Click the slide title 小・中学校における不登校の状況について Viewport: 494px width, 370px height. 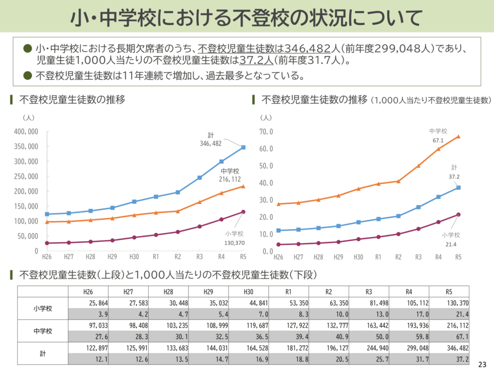point(247,18)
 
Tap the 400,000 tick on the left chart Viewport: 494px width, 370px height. point(27,132)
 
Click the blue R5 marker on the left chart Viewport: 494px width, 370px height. point(243,147)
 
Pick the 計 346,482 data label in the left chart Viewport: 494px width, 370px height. point(211,140)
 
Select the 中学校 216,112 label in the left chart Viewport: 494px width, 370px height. point(230,175)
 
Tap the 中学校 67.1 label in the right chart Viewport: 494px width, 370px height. point(438,135)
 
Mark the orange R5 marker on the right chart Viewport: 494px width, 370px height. point(458,136)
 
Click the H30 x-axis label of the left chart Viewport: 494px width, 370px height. point(134,257)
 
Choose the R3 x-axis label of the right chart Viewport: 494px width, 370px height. point(418,257)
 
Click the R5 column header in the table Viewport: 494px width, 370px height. point(449,291)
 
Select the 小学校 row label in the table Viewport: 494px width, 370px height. point(43,309)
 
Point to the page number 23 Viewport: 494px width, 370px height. point(482,364)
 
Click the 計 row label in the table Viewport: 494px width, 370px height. point(43,353)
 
